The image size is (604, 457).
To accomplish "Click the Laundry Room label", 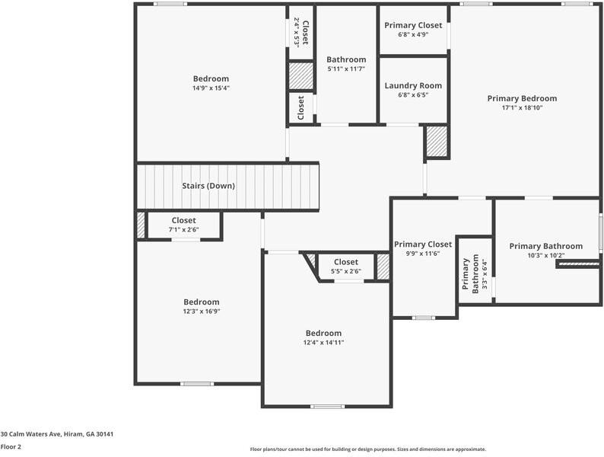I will coord(413,86).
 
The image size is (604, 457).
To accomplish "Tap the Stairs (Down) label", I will coord(208,186).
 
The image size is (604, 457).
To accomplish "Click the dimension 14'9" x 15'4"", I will coord(211,88).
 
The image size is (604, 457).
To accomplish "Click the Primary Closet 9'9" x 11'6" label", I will coord(423,244).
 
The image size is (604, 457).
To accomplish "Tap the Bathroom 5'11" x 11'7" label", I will coord(346,59).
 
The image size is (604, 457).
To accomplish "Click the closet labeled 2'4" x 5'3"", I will coord(300,33).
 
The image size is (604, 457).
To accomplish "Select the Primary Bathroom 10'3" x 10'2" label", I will coord(545,246).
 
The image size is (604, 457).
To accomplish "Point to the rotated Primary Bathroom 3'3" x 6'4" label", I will coord(475,273).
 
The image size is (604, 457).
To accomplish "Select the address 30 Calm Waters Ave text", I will coord(57,434).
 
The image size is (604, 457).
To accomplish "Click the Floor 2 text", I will coord(11,447).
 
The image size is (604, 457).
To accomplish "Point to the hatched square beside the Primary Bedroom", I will coord(436,142).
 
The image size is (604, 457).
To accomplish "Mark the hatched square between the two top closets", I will coord(300,76).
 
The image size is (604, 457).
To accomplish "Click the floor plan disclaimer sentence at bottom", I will coord(367,449).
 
